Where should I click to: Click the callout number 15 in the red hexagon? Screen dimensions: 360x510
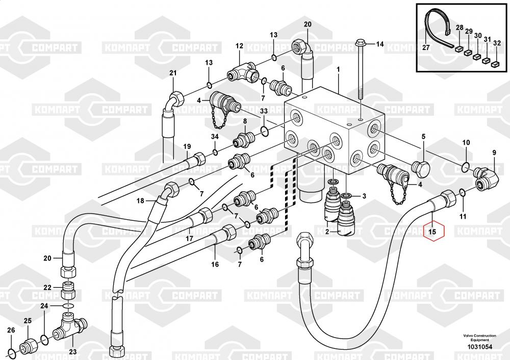click(432, 233)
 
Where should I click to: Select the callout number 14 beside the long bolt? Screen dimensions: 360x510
click(379, 44)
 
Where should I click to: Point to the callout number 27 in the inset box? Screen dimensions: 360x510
click(425, 48)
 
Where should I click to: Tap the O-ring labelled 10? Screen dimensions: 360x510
click(465, 165)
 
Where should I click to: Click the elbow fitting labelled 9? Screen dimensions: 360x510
click(486, 176)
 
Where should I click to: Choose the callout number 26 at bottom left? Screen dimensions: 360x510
click(11, 330)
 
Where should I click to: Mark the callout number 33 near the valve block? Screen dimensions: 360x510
click(264, 111)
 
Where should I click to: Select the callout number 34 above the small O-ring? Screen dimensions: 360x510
click(215, 137)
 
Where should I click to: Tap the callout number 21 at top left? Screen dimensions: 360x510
click(172, 73)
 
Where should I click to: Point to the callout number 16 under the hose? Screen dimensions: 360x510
click(215, 264)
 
